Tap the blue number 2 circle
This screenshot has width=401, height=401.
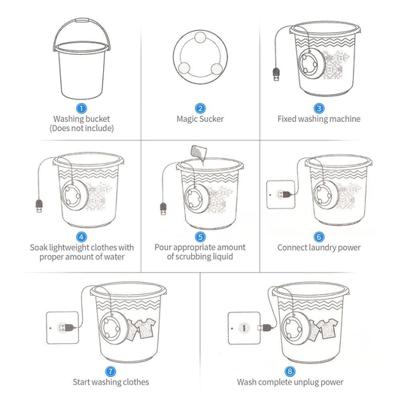point(200,108)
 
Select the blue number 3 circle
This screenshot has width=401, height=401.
point(319,108)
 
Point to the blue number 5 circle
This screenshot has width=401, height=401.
point(200,236)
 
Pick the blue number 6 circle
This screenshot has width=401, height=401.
point(319,236)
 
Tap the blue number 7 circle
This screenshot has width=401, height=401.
point(111,371)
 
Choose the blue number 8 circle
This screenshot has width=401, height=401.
point(290,371)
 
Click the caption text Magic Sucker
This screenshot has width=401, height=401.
point(200,119)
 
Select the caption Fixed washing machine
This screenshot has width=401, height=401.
point(319,119)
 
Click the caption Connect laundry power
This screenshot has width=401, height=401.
point(319,248)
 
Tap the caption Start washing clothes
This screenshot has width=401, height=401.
point(111,382)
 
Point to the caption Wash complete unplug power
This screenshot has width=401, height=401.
point(290,382)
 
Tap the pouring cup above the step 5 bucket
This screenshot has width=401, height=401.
point(199,152)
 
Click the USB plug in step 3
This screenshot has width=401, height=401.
point(275,75)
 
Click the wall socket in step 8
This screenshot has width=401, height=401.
point(244,328)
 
